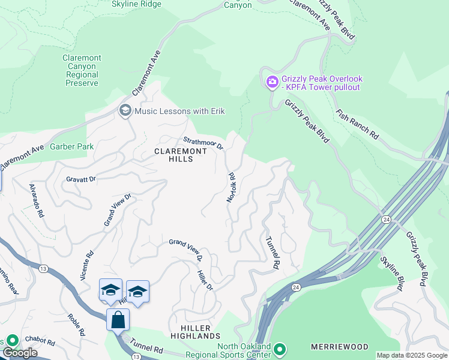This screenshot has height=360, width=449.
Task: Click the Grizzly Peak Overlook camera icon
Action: [x=272, y=82]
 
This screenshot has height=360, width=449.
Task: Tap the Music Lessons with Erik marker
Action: [x=125, y=110]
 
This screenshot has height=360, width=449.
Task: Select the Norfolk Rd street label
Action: [x=231, y=187]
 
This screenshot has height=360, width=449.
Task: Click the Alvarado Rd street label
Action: [x=37, y=200]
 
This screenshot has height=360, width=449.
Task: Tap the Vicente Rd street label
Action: [x=90, y=263]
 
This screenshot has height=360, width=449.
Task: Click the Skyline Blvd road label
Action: [x=391, y=273]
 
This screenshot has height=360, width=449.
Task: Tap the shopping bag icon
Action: [x=118, y=319]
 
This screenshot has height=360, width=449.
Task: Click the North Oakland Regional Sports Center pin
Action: [x=279, y=349]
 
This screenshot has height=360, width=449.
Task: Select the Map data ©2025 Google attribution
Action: [x=411, y=355]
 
